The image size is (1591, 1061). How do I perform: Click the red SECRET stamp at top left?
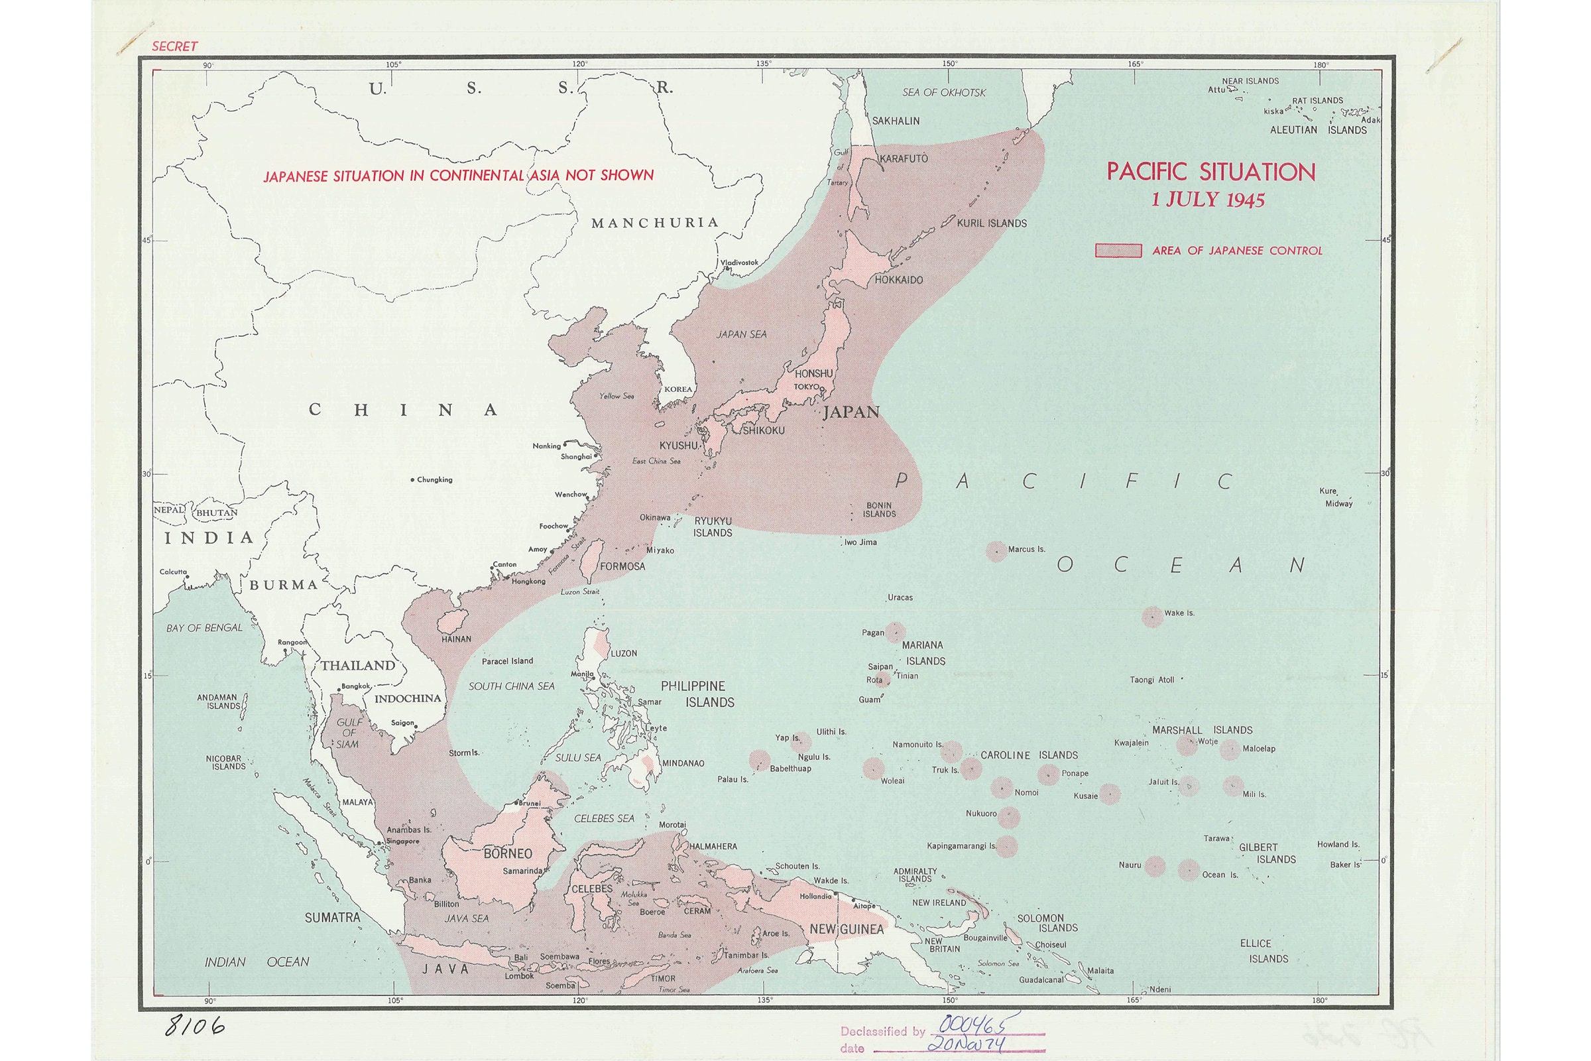click(174, 46)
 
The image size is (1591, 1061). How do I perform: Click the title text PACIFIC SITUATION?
click(1211, 172)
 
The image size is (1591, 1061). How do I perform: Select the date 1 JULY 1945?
click(1208, 200)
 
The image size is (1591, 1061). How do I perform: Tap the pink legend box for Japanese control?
click(1118, 251)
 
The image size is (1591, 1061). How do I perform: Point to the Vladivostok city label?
click(738, 263)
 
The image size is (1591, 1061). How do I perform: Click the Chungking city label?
click(434, 479)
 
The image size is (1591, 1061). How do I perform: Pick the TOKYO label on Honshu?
click(806, 387)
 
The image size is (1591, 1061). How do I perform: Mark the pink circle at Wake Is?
click(1152, 617)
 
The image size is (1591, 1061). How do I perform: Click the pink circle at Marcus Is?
click(996, 551)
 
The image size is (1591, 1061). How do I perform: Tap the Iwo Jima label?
click(860, 542)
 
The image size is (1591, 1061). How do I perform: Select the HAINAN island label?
click(456, 639)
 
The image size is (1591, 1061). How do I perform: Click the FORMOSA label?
click(622, 566)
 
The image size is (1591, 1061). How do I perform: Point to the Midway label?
click(1338, 503)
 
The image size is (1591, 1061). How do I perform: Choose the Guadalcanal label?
click(1041, 979)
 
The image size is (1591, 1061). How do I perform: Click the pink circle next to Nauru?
click(1155, 866)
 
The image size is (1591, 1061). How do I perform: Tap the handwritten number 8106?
click(195, 1027)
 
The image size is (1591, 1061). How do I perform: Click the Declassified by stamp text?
click(882, 1031)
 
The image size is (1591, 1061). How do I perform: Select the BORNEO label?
click(507, 853)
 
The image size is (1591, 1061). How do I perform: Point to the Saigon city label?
click(402, 723)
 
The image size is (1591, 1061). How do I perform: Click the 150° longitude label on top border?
click(949, 64)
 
